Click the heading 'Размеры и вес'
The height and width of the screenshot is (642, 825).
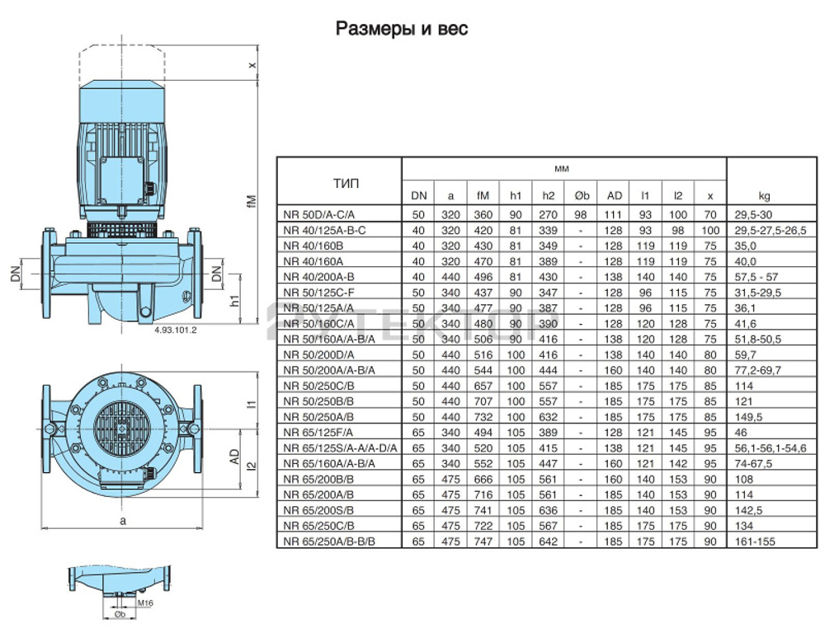tap(402, 30)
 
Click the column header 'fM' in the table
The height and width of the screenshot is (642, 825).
tap(483, 196)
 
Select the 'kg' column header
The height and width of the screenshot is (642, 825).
tap(765, 196)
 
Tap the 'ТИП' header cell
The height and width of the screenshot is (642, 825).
tap(337, 182)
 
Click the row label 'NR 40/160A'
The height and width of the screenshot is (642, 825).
tap(311, 260)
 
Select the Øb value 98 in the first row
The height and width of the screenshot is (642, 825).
tap(581, 213)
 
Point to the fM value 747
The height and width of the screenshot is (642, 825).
tap(483, 541)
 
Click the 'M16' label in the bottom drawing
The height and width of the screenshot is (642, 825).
tap(146, 604)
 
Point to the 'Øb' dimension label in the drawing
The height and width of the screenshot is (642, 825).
tap(120, 616)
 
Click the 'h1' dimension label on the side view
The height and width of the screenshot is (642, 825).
tap(237, 300)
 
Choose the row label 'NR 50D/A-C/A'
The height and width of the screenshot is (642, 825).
tap(317, 213)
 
